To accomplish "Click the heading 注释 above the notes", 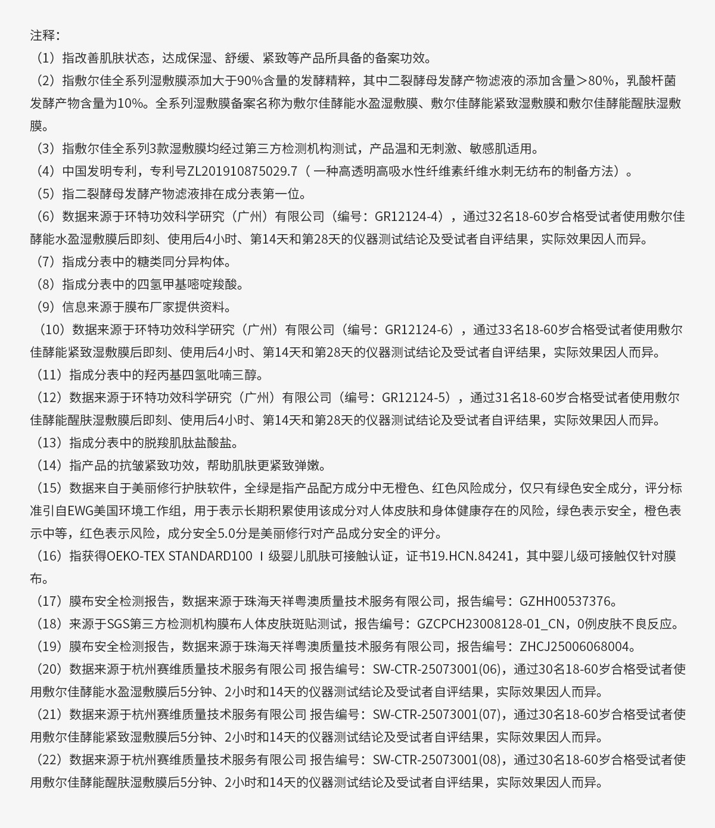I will (43, 35).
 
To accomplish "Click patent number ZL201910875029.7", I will (243, 171).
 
